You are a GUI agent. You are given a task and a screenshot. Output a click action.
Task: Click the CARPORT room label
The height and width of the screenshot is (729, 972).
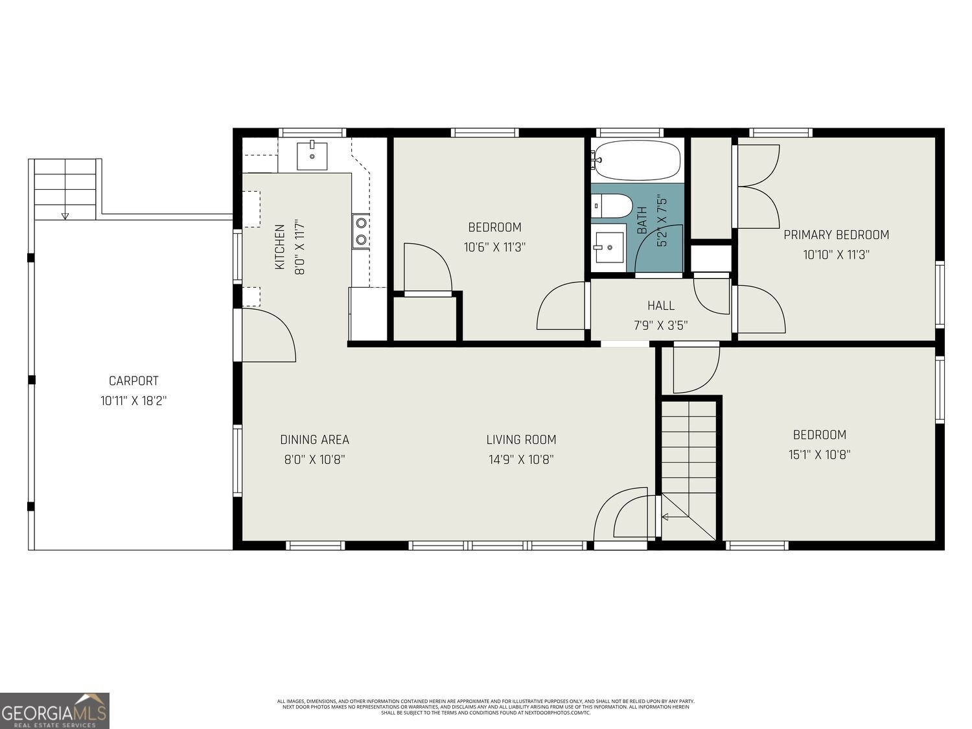point(133,381)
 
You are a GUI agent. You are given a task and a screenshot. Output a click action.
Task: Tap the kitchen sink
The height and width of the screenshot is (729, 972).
point(312,156)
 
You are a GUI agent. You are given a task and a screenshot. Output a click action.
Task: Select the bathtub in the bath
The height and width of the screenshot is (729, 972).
point(638,160)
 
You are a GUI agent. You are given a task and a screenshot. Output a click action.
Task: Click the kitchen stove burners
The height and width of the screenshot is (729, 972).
point(360,231)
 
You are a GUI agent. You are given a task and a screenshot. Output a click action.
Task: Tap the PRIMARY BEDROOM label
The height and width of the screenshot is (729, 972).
point(836,235)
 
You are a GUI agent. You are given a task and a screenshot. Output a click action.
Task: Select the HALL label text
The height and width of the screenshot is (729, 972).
point(660,305)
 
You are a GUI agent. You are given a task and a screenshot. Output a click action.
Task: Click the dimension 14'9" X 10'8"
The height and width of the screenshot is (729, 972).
point(521,459)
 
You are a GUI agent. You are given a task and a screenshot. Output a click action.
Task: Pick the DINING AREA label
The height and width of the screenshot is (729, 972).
point(314,439)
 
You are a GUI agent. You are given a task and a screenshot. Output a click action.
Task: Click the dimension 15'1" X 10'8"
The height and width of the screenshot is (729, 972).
point(819,454)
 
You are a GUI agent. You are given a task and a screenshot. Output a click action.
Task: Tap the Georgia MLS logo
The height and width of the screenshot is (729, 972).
point(54,710)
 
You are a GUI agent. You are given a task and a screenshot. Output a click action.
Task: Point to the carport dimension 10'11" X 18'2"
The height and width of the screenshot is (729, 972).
point(133,401)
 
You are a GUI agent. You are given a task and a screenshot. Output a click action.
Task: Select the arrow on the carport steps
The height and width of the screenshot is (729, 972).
point(64,215)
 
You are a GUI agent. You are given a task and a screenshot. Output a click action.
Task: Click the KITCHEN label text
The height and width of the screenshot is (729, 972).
point(280,247)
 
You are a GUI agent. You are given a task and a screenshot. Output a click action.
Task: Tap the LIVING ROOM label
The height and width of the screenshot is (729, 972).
point(521,439)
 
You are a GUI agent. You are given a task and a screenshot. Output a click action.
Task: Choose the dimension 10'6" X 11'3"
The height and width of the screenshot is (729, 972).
point(494,247)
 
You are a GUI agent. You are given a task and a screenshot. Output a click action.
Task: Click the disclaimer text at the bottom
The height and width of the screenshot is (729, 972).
point(485,706)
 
